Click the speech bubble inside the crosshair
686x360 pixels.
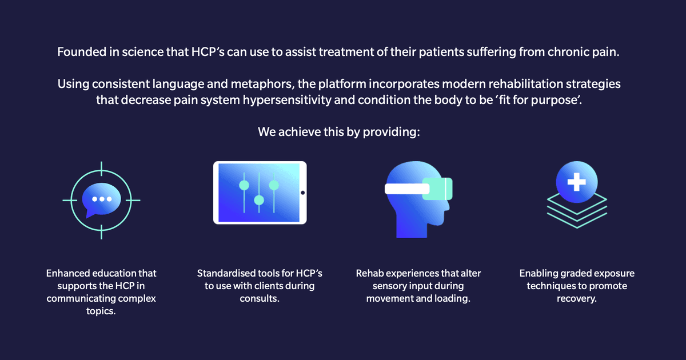(101, 199)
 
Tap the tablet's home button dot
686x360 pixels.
(302, 193)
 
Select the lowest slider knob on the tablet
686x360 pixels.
(259, 200)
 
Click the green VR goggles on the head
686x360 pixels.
(437, 189)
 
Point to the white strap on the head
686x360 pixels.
(407, 189)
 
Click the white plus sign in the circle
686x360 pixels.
(577, 182)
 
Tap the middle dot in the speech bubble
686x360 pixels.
(102, 199)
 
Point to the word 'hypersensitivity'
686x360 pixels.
(287, 100)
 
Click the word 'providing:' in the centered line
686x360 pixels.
(392, 132)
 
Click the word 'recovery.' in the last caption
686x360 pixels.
(577, 298)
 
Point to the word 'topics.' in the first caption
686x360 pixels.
(101, 311)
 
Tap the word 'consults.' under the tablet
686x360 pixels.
(260, 298)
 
